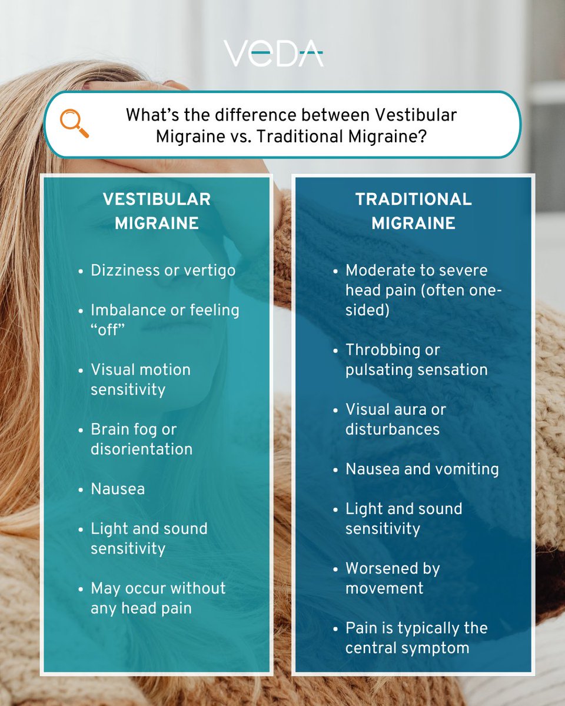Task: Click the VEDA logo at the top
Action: coord(273,54)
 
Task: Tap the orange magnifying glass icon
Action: coord(74,124)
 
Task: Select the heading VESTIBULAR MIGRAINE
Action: coord(157,211)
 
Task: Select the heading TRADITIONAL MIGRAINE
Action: coord(413,211)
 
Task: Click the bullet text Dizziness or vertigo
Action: coord(163,270)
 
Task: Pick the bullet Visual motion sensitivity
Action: coord(141,379)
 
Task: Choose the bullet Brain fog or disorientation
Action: coord(141,439)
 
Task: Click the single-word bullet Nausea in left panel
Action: coord(118,489)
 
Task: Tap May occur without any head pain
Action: coord(158,598)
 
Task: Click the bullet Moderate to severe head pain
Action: coord(423,290)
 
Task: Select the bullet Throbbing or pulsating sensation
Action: coord(416,359)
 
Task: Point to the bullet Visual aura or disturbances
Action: coord(395,419)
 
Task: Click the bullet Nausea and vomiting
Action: coord(422,469)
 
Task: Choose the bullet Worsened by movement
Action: coord(393,578)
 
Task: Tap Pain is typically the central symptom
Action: coord(416,638)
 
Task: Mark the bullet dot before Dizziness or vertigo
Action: coord(81,271)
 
